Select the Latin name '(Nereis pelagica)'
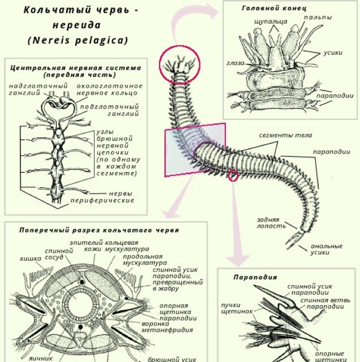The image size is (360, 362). pos(78,41)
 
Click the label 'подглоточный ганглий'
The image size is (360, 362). pos(117,109)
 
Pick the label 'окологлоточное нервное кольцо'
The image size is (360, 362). pos(109,89)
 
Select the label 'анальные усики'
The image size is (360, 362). pos(326,249)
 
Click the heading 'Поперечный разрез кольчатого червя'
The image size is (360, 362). pos(99,230)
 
